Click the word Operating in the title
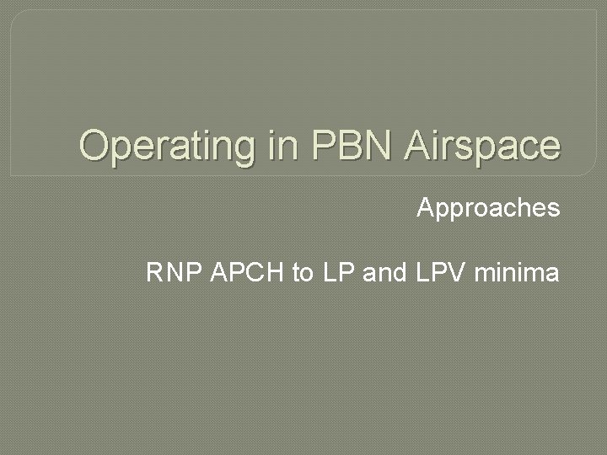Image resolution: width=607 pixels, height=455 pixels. (163, 146)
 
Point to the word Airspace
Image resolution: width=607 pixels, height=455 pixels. (481, 146)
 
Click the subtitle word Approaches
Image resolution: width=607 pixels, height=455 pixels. (488, 208)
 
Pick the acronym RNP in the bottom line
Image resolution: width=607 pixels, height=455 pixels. (174, 273)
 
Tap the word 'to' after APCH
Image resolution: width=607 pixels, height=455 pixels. (303, 273)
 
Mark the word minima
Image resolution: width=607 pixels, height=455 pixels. (517, 273)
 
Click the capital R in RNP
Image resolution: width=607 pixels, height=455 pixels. (155, 273)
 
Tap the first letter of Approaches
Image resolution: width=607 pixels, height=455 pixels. (426, 207)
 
